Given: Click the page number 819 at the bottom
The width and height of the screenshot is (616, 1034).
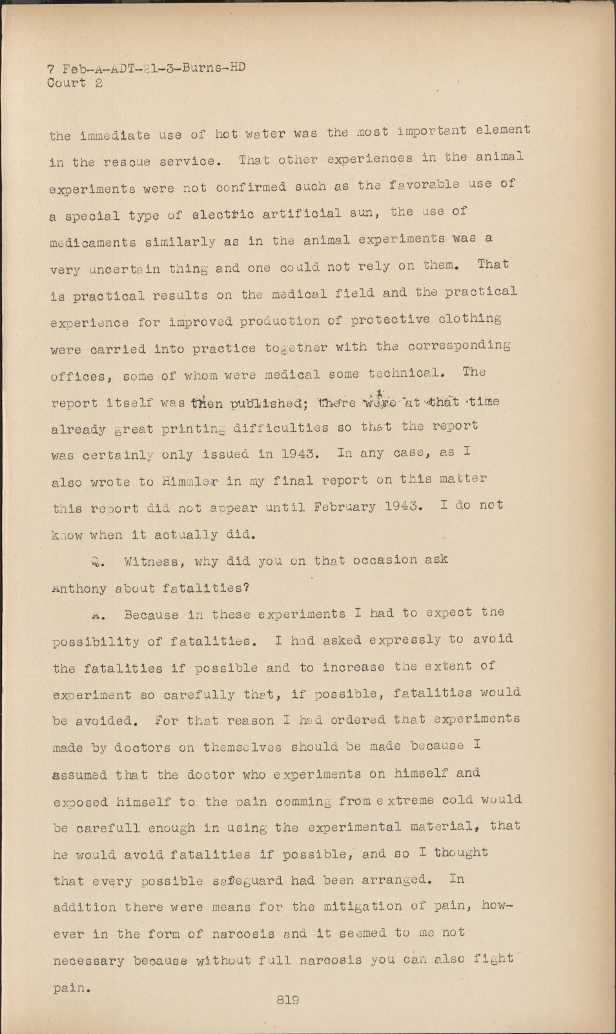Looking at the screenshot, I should coord(287,1000).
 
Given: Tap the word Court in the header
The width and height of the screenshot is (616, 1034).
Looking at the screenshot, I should coord(66,83).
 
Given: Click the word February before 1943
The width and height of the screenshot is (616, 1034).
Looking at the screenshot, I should coord(344,507).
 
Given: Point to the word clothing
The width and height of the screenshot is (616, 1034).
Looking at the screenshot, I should coord(469,319).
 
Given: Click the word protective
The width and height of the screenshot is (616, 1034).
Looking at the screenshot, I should coord(390,320).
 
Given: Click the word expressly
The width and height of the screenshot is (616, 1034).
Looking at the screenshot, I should coord(405,640).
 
